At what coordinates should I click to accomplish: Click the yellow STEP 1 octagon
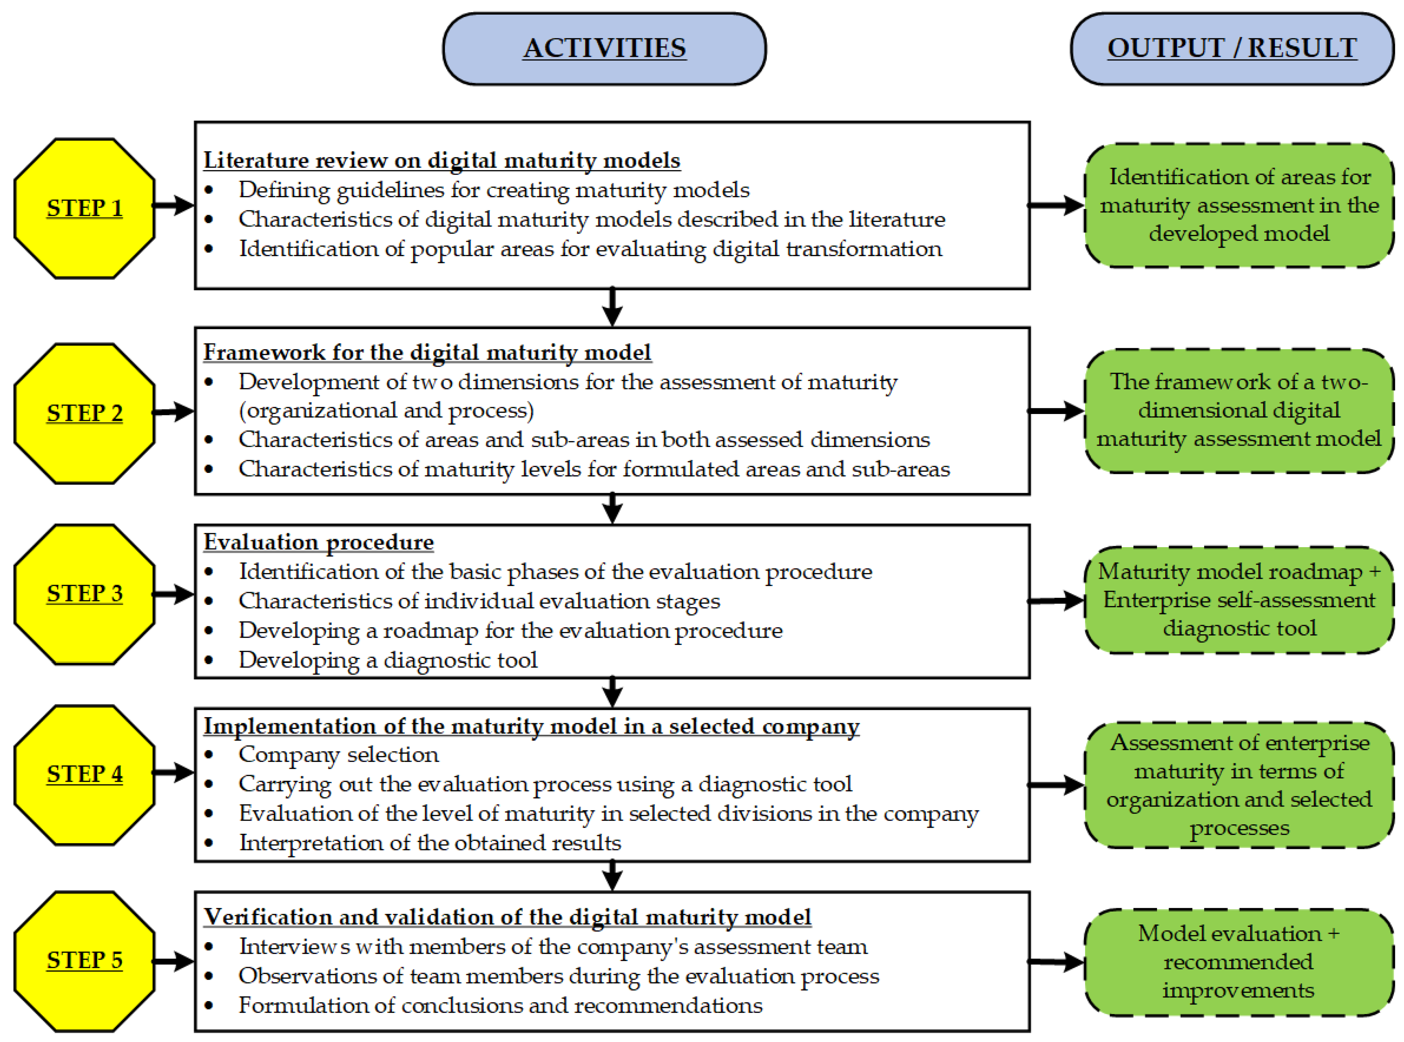pos(85,208)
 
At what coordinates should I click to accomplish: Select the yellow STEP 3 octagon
pos(85,593)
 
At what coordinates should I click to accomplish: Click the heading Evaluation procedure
pos(319,542)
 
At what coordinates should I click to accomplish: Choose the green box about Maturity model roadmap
pos(1239,600)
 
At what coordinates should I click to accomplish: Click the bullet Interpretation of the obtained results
pos(430,843)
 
